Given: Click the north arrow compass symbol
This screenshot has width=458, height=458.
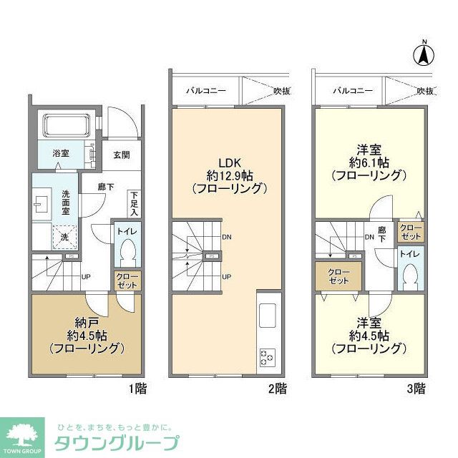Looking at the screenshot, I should (x=424, y=53).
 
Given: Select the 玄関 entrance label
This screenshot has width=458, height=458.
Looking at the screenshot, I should (x=121, y=155).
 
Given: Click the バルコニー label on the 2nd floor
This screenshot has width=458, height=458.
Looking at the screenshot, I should (x=206, y=91).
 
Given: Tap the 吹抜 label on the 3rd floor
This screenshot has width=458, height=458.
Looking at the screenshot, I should (x=426, y=91).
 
